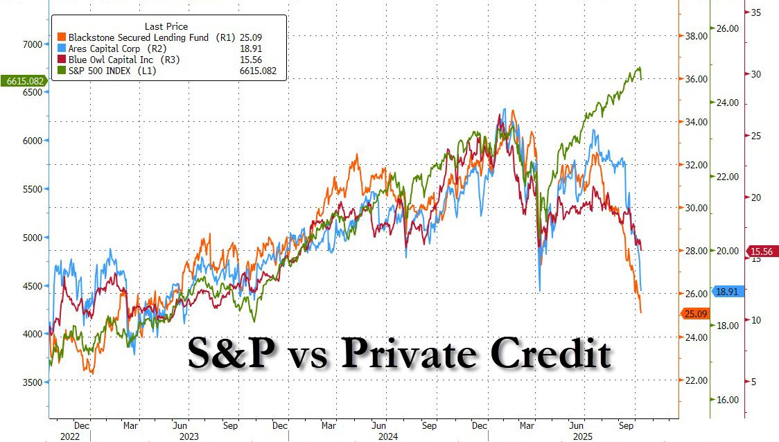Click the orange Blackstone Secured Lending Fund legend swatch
point(62,37)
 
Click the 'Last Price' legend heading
point(166,26)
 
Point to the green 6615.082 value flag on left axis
point(24,81)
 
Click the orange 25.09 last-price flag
point(694,314)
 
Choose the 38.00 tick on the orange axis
point(696,36)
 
